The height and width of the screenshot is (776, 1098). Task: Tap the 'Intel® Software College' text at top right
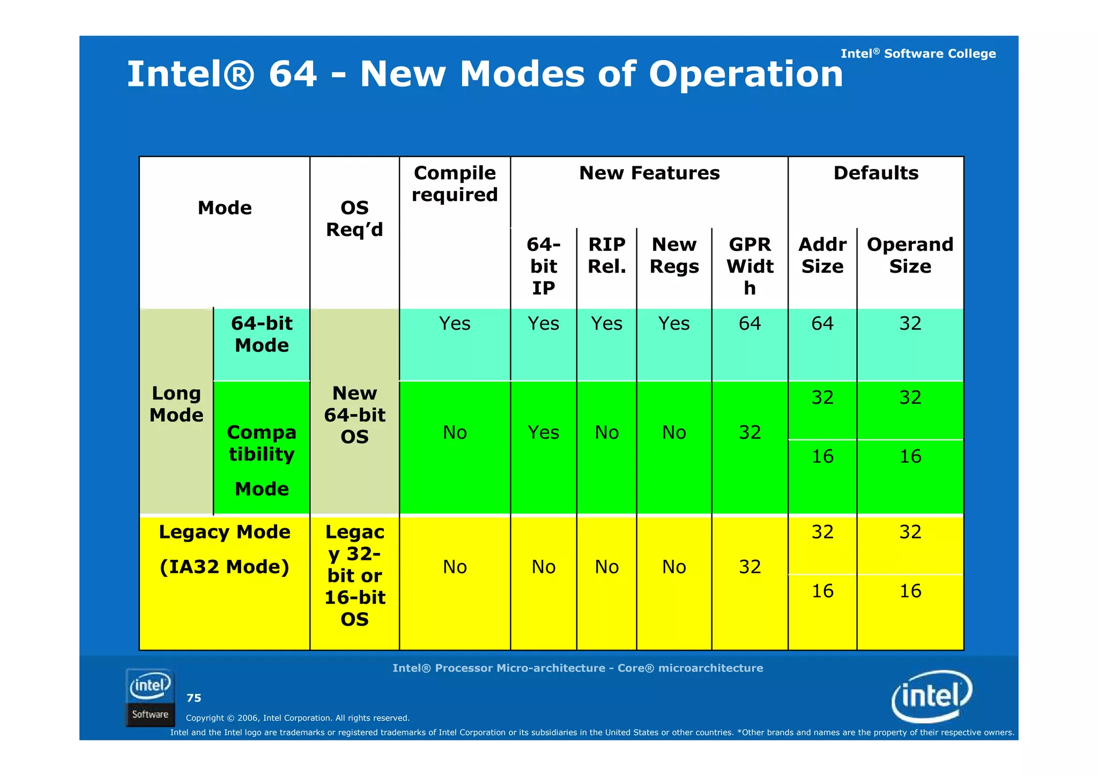(917, 54)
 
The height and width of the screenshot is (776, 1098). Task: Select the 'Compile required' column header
(455, 184)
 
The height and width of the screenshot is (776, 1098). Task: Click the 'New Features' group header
(649, 173)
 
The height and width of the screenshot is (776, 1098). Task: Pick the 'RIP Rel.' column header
(606, 255)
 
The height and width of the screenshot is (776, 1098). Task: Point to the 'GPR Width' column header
(750, 266)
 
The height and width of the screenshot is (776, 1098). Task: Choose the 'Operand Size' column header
(910, 255)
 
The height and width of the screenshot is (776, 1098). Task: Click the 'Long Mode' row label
(176, 404)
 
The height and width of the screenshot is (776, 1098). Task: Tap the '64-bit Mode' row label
(262, 334)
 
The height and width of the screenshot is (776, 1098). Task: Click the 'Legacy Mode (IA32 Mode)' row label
(224, 549)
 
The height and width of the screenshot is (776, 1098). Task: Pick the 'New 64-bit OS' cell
(354, 415)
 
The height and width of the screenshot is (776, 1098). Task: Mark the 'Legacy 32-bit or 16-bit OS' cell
(354, 575)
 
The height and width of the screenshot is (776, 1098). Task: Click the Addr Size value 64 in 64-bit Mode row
(822, 323)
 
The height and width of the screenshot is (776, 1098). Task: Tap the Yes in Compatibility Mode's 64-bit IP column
(543, 432)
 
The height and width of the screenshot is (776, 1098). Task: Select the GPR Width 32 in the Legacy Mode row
(750, 567)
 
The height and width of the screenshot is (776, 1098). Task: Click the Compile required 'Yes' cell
(455, 323)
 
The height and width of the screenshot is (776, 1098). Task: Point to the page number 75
(194, 698)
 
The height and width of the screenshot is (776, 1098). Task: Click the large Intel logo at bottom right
(931, 696)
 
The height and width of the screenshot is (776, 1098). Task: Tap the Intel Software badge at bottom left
(150, 697)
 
